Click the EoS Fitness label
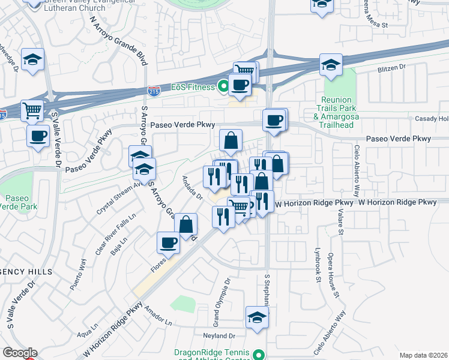pyautogui.click(x=193, y=88)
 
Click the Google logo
pyautogui.click(x=20, y=353)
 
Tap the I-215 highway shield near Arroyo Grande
pyautogui.click(x=154, y=91)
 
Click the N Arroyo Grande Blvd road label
pyautogui.click(x=119, y=40)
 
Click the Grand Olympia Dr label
pyautogui.click(x=226, y=296)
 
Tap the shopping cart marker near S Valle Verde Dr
pyautogui.click(x=32, y=110)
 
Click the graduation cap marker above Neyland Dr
pyautogui.click(x=257, y=317)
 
